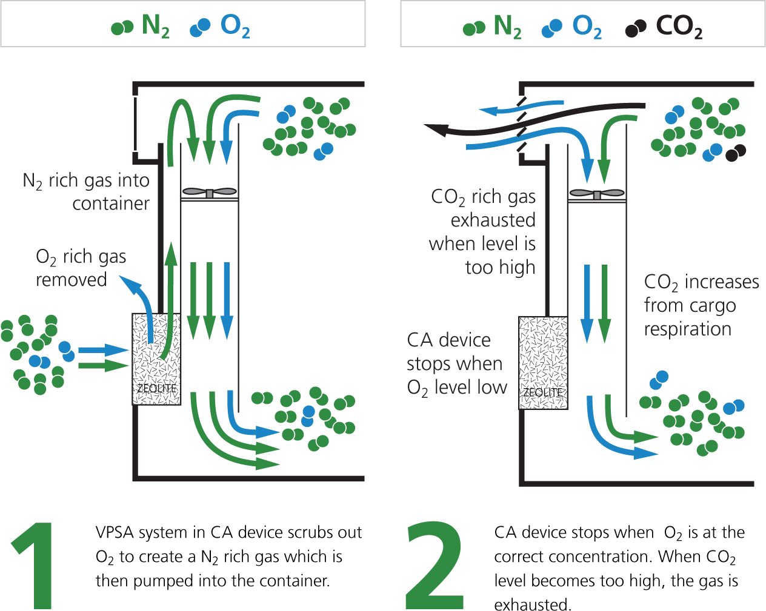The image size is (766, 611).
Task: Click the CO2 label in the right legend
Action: [x=679, y=27]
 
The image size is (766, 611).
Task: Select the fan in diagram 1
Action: [x=209, y=193]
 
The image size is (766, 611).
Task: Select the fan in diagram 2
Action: [x=597, y=194]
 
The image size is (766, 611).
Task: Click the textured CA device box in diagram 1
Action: [x=156, y=358]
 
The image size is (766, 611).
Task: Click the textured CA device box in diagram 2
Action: [x=544, y=362]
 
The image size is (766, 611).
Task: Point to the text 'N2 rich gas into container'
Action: [x=91, y=191]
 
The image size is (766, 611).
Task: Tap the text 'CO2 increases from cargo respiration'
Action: [x=700, y=305]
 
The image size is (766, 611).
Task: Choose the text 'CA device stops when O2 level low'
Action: [x=456, y=363]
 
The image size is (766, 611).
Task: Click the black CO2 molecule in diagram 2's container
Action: [x=735, y=153]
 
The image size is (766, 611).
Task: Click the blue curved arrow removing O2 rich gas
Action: [x=141, y=303]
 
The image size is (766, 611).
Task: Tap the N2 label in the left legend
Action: [x=155, y=26]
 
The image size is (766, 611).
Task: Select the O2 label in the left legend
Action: [x=235, y=26]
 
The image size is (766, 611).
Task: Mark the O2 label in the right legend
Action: [x=587, y=27]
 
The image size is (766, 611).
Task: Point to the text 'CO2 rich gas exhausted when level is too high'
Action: [x=484, y=231]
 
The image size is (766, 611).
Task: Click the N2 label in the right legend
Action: [x=507, y=27]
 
